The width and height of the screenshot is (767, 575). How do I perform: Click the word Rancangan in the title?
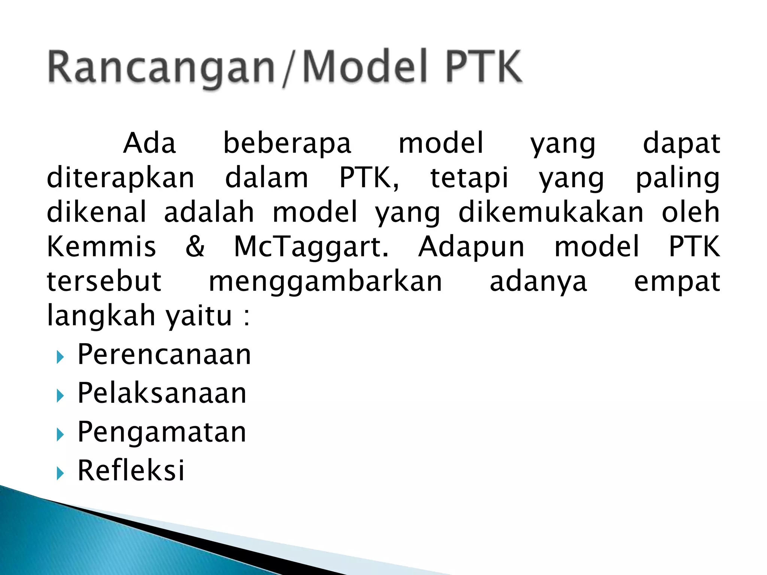[x=161, y=67]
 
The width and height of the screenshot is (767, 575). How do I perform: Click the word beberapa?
[x=287, y=144]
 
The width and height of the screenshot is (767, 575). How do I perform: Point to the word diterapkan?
[x=121, y=178]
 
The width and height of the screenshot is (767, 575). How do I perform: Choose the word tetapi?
[x=469, y=178]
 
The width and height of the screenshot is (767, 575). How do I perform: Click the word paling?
[x=677, y=179]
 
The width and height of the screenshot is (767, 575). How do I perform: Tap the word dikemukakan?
[x=551, y=213]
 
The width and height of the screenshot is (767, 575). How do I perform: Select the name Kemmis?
[x=101, y=247]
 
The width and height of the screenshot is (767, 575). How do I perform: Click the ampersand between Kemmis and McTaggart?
[x=195, y=247]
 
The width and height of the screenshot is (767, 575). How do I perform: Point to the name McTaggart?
[x=311, y=247]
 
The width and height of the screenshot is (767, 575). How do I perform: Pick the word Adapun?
[x=472, y=247]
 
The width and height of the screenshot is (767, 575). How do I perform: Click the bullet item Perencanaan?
[x=164, y=355]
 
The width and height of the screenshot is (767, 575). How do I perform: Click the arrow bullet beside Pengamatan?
[x=60, y=434]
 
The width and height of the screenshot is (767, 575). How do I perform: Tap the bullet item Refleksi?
[x=131, y=470]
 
